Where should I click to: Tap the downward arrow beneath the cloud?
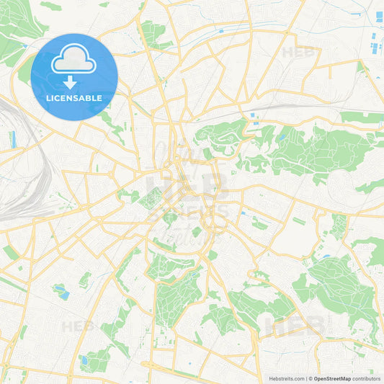click(74, 81)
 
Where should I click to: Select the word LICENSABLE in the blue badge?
click(74, 97)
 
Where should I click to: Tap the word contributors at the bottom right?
click(367, 378)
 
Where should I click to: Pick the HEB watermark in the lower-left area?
click(78, 326)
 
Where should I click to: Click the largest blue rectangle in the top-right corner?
click(379, 16)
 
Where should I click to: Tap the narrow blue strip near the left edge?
click(13, 139)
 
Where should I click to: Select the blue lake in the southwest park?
click(62, 293)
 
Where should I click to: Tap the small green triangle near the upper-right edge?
click(361, 67)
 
